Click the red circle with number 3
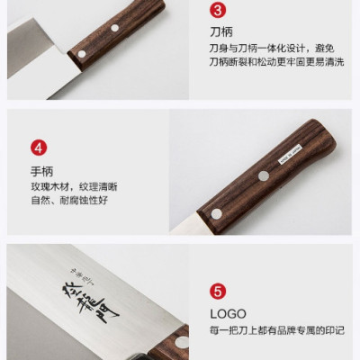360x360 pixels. click(x=217, y=11)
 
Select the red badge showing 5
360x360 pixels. click(x=217, y=291)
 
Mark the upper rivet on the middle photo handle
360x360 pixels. click(x=264, y=175)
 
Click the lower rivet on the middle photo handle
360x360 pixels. click(x=215, y=213)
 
